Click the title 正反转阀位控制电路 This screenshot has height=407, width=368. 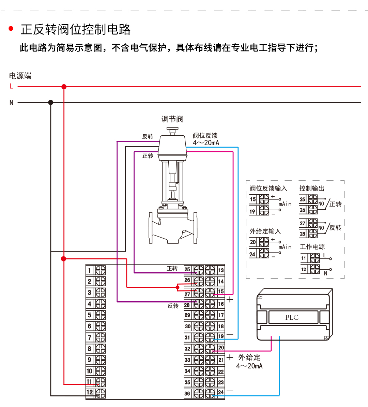76,30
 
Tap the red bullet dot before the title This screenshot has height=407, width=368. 11,29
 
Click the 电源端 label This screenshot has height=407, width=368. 20,76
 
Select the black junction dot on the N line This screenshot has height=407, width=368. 51,102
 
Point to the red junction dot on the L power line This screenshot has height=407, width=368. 64,87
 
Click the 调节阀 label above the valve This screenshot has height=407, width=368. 172,119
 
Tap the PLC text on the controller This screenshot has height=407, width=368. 292,317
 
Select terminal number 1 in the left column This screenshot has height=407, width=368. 90,270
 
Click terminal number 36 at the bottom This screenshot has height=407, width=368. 187,393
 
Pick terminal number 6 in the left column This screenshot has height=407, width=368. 90,326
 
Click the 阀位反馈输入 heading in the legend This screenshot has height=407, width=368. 268,189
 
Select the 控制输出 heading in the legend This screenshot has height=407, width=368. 311,189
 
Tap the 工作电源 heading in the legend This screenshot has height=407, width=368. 312,246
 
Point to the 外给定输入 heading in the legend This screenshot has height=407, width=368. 265,231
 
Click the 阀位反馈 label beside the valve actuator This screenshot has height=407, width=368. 205,136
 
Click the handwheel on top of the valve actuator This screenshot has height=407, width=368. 172,130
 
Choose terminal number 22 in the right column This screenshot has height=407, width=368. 221,372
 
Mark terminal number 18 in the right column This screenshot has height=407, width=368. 221,326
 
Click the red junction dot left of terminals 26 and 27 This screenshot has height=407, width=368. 178,287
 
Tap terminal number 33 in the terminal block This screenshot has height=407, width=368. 187,360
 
